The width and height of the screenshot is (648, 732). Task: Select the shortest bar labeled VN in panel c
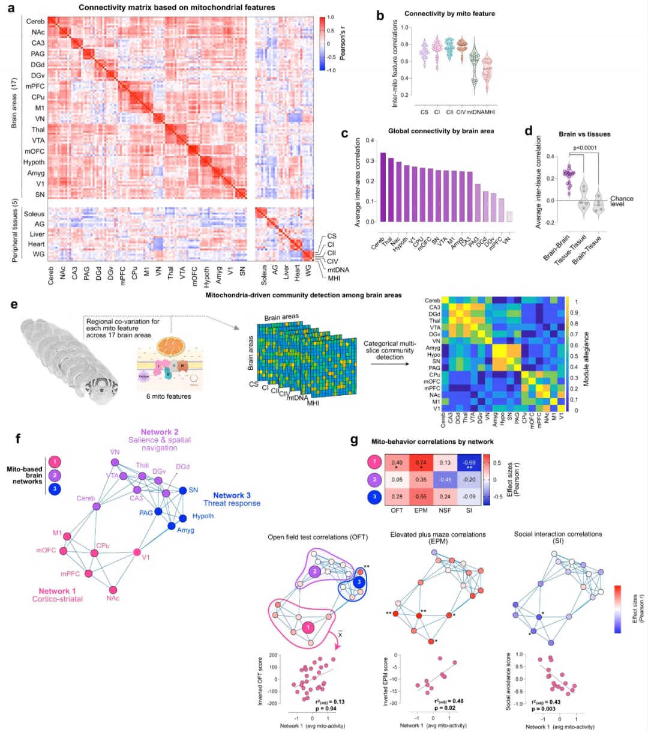point(509,216)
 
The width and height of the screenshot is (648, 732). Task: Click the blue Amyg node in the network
point(172,526)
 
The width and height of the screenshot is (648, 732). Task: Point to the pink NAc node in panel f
point(113,590)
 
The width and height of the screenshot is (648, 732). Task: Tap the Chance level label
point(621,201)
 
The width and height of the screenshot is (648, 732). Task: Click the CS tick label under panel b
point(424,112)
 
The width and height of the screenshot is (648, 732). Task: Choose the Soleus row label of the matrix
point(34,214)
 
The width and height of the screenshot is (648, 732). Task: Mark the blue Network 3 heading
point(232,495)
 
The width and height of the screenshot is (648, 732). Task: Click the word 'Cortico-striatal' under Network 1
point(58,599)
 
